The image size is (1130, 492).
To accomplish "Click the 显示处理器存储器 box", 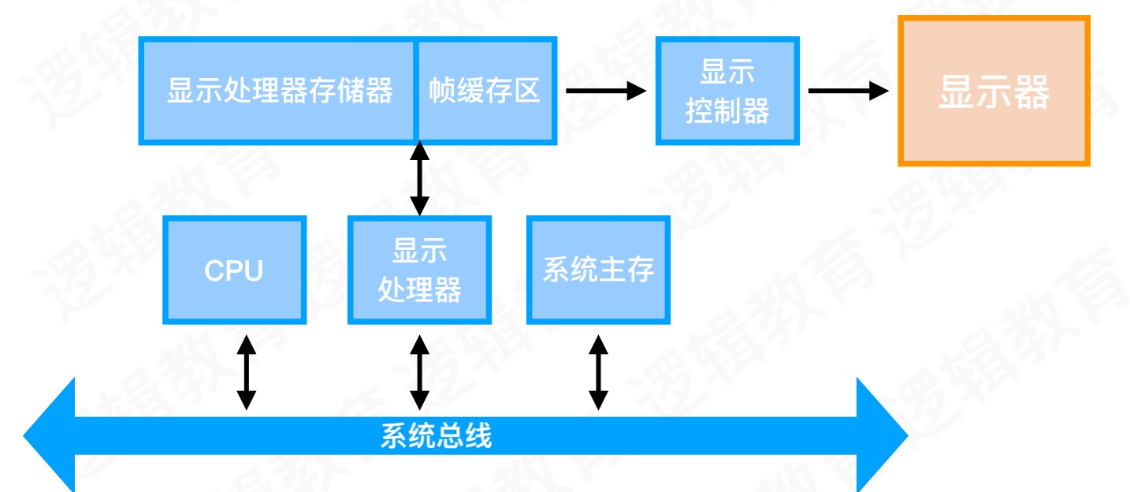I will pyautogui.click(x=277, y=91).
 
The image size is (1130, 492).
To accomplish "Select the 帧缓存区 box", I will pyautogui.click(x=485, y=91).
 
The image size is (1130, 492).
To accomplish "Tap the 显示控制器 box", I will pyautogui.click(x=727, y=91).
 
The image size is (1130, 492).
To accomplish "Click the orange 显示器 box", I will pyautogui.click(x=994, y=91).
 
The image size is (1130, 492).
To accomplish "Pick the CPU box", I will pyautogui.click(x=234, y=270).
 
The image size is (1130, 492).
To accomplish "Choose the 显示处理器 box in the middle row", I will pyautogui.click(x=419, y=270).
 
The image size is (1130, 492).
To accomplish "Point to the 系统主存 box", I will pyautogui.click(x=598, y=270).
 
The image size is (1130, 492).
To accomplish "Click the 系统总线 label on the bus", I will pyautogui.click(x=436, y=435).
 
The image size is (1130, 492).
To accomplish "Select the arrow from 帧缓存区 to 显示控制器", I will pyautogui.click(x=605, y=91).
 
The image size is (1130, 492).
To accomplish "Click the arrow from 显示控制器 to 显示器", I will pyautogui.click(x=848, y=91).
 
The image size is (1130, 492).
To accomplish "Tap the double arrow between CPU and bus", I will pyautogui.click(x=247, y=372).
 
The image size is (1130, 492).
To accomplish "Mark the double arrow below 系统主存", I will pyautogui.click(x=599, y=372).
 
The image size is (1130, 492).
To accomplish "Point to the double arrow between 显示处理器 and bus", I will pyautogui.click(x=420, y=372).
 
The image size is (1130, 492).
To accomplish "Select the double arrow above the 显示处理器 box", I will pyautogui.click(x=420, y=179).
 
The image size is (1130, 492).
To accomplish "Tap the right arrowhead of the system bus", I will pyautogui.click(x=883, y=435).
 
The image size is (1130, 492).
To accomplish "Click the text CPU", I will pyautogui.click(x=234, y=270).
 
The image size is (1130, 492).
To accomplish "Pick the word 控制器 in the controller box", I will pyautogui.click(x=727, y=111).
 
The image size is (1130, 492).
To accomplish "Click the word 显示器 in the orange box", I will pyautogui.click(x=994, y=92).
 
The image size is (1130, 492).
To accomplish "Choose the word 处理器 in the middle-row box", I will pyautogui.click(x=419, y=290).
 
